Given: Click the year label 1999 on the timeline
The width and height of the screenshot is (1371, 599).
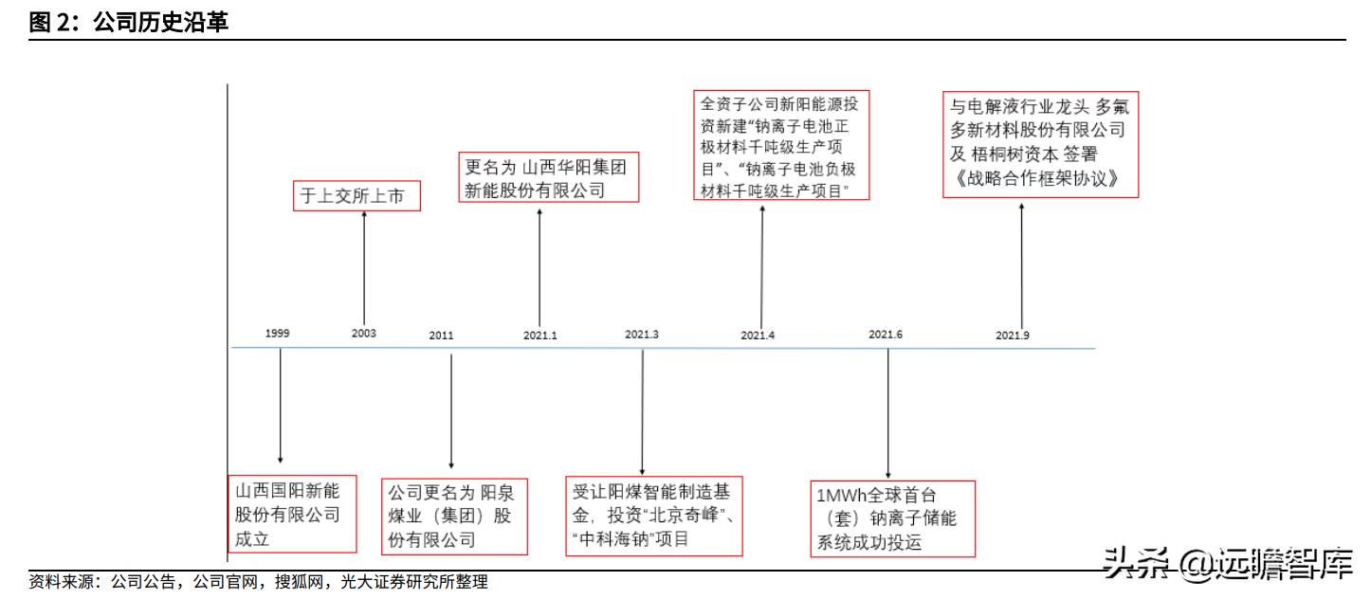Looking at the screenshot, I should (278, 334).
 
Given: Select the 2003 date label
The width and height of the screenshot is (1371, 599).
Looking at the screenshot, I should (363, 334).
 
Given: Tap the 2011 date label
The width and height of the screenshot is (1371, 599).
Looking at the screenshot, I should (441, 336).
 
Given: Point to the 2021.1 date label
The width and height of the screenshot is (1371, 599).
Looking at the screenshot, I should (540, 336).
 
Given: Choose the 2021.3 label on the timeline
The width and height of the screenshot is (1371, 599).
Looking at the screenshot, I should (642, 335).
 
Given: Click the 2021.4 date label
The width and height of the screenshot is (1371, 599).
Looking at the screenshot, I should (758, 336).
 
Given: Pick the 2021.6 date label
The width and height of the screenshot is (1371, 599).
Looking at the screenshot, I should (885, 335).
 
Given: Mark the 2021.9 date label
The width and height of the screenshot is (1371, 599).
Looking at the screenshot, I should (1013, 336).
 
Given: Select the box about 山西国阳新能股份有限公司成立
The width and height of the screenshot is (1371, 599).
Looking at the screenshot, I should (293, 514).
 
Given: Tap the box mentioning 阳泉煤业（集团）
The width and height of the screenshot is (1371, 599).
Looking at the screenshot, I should (453, 517).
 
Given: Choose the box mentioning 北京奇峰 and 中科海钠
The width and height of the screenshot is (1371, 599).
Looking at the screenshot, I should (653, 516).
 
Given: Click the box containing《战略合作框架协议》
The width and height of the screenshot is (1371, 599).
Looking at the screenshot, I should (1040, 143).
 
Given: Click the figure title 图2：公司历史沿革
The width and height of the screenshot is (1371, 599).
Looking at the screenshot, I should (128, 23).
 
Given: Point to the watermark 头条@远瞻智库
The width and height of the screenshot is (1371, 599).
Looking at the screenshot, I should (1228, 565).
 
